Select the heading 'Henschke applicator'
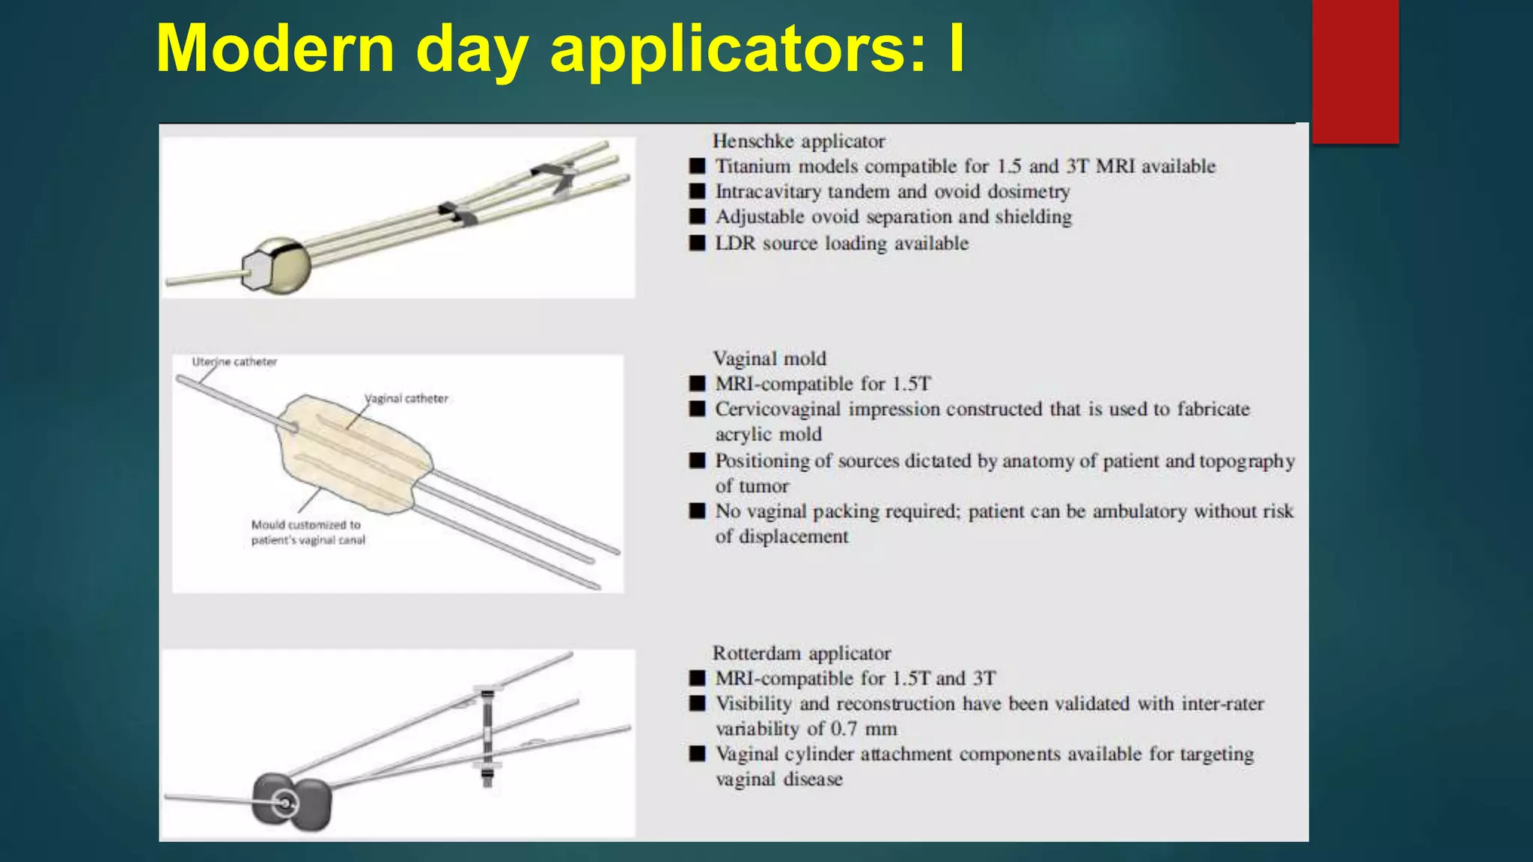pyautogui.click(x=798, y=141)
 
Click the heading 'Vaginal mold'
pyautogui.click(x=769, y=358)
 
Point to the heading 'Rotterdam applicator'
pyautogui.click(x=801, y=653)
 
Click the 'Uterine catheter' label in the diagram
pyautogui.click(x=234, y=362)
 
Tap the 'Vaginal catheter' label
pyautogui.click(x=406, y=399)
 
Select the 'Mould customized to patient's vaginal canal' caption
pyautogui.click(x=308, y=533)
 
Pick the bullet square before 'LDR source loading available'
pyautogui.click(x=697, y=243)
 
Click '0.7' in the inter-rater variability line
pyautogui.click(x=844, y=729)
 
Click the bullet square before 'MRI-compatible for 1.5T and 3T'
pyautogui.click(x=697, y=678)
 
